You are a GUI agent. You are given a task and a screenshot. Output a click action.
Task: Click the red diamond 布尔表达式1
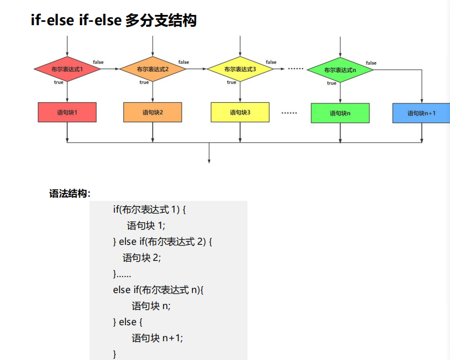pyautogui.click(x=67, y=70)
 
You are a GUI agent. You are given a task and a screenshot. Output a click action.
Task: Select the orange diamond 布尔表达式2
pyautogui.click(x=153, y=70)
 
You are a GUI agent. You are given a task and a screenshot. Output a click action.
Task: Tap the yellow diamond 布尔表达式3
pyautogui.click(x=240, y=70)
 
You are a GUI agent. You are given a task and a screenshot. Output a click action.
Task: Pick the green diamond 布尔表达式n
pyautogui.click(x=340, y=70)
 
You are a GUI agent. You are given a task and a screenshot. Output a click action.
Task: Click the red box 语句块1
pyautogui.click(x=67, y=112)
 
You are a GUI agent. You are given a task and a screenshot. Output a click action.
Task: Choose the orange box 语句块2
pyautogui.click(x=153, y=112)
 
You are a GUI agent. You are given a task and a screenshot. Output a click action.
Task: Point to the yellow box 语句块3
pyautogui.click(x=240, y=112)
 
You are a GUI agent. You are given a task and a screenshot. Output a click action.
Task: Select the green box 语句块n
pyautogui.click(x=340, y=113)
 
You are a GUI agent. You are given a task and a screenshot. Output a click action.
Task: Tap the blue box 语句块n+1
pyautogui.click(x=422, y=113)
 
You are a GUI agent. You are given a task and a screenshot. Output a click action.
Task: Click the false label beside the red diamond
pyautogui.click(x=98, y=62)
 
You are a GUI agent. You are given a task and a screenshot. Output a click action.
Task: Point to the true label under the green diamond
pyautogui.click(x=332, y=83)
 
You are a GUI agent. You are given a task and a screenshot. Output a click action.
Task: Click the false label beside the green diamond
pyautogui.click(x=371, y=63)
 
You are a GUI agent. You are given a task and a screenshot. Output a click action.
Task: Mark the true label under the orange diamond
pyautogui.click(x=144, y=82)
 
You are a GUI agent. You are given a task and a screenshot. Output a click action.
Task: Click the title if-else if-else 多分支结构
pyautogui.click(x=114, y=21)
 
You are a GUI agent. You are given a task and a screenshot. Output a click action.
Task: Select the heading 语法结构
pyautogui.click(x=70, y=194)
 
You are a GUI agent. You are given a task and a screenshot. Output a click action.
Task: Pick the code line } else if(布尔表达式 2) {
pyautogui.click(x=163, y=242)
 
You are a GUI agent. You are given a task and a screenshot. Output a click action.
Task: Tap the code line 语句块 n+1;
pyautogui.click(x=157, y=338)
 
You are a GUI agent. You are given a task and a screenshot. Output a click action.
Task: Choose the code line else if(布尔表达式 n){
pyautogui.click(x=159, y=290)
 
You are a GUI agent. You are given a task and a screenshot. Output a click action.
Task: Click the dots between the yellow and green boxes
pyautogui.click(x=289, y=113)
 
